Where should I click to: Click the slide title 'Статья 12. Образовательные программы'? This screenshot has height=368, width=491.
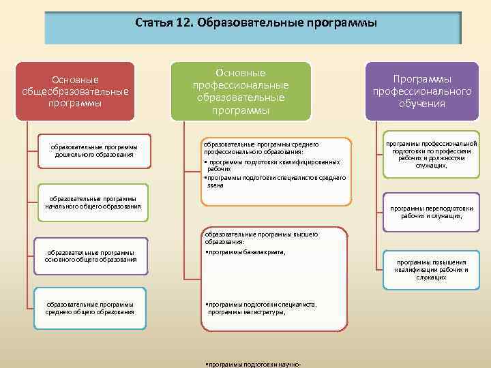(256, 25)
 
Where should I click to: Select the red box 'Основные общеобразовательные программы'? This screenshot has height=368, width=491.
(75, 92)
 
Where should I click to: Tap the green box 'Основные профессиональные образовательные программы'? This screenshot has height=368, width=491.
(240, 91)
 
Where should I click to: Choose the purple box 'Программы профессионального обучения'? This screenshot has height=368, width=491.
(422, 91)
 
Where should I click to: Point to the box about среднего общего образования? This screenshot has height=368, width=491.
(89, 308)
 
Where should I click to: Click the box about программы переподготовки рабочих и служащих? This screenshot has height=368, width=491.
(431, 213)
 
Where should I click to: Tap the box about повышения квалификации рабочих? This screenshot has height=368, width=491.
(431, 269)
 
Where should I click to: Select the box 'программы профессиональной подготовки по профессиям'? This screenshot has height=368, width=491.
(431, 154)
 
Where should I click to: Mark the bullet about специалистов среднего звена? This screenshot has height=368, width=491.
(274, 181)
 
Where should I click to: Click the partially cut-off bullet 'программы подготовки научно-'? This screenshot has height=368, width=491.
(253, 365)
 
